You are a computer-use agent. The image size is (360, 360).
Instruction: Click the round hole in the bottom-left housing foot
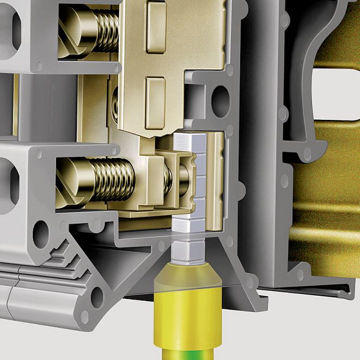[x=97, y=297]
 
